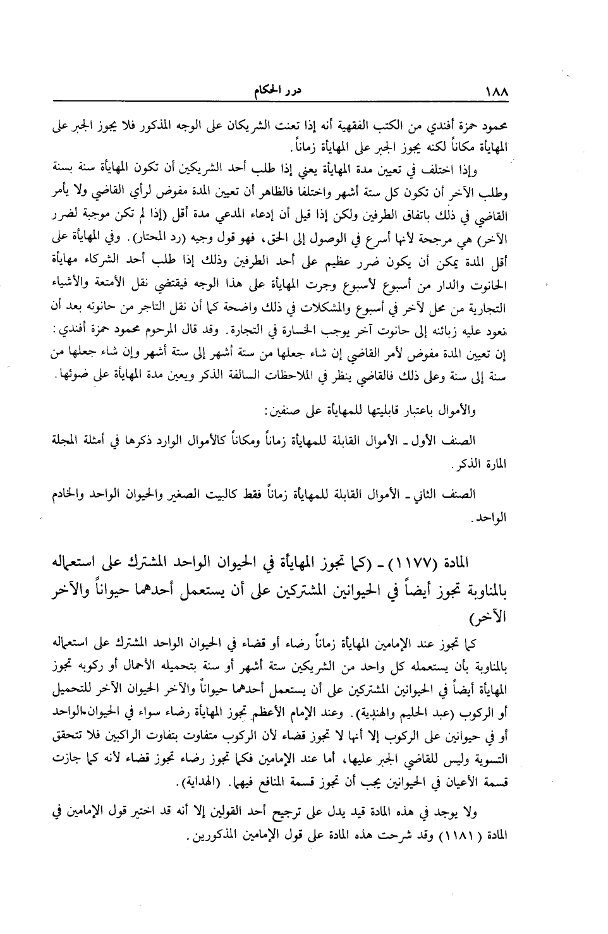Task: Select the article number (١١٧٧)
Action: click(x=437, y=562)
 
